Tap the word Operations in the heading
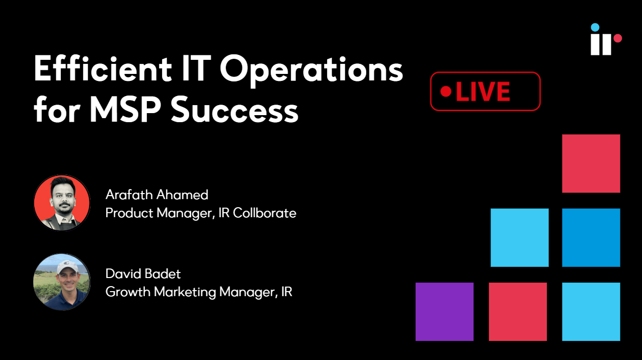pyautogui.click(x=312, y=70)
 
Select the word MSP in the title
pyautogui.click(x=125, y=110)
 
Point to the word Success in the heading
pyautogui.click(x=235, y=110)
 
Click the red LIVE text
pyautogui.click(x=483, y=92)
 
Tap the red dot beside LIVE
pyautogui.click(x=446, y=92)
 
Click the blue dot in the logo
pyautogui.click(x=595, y=28)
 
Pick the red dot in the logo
pyautogui.click(x=618, y=38)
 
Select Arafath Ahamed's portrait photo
pyautogui.click(x=62, y=203)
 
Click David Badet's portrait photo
pyautogui.click(x=62, y=282)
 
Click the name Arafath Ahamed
pyautogui.click(x=157, y=195)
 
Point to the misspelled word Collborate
pyautogui.click(x=265, y=213)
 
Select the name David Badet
pyautogui.click(x=143, y=274)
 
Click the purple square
pyautogui.click(x=445, y=312)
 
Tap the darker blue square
pyautogui.click(x=591, y=237)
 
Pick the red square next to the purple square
pyautogui.click(x=518, y=312)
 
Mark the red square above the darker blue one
pyautogui.click(x=591, y=163)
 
